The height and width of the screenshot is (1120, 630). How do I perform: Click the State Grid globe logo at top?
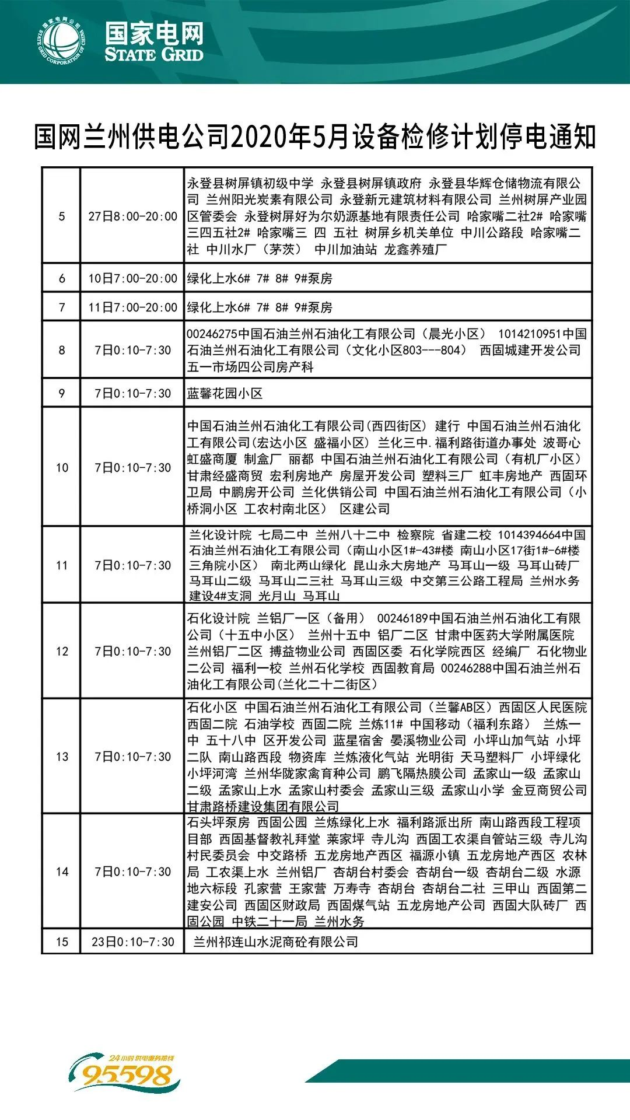pos(62,41)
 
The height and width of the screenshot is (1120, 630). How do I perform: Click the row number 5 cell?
pos(62,216)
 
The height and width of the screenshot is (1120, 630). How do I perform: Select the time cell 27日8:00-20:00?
pos(132,216)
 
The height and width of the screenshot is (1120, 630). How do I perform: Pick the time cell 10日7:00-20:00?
pos(132,278)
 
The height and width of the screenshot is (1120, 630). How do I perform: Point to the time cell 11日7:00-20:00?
pos(132,307)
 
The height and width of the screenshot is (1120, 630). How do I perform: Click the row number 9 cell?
pos(62,393)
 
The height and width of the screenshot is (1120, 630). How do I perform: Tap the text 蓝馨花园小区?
pos(225,393)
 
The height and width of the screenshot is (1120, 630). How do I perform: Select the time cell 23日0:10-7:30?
pos(132,942)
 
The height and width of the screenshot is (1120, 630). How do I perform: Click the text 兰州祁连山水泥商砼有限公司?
pos(275,942)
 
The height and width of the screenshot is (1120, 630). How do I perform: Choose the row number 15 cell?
pos(62,942)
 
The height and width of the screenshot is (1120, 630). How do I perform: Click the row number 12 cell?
pos(62,651)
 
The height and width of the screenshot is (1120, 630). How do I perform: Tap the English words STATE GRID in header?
pos(154,55)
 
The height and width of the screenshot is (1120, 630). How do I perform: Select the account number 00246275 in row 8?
pos(212,334)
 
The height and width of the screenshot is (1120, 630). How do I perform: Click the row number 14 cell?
pos(62,871)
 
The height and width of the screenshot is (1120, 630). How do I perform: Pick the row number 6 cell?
pos(62,278)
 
